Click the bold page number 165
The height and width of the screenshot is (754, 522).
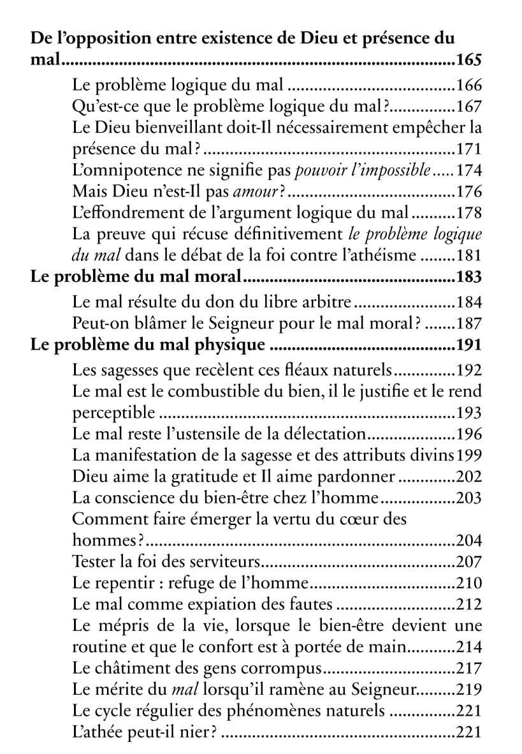click(469, 62)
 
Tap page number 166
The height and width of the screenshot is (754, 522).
click(470, 84)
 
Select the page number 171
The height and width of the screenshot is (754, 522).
click(470, 151)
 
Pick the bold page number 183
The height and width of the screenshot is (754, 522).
click(469, 278)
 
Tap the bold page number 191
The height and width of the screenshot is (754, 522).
click(469, 345)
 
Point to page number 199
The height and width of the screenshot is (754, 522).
click(470, 456)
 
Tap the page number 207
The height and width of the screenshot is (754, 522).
click(470, 563)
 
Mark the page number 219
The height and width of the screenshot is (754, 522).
click(470, 691)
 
